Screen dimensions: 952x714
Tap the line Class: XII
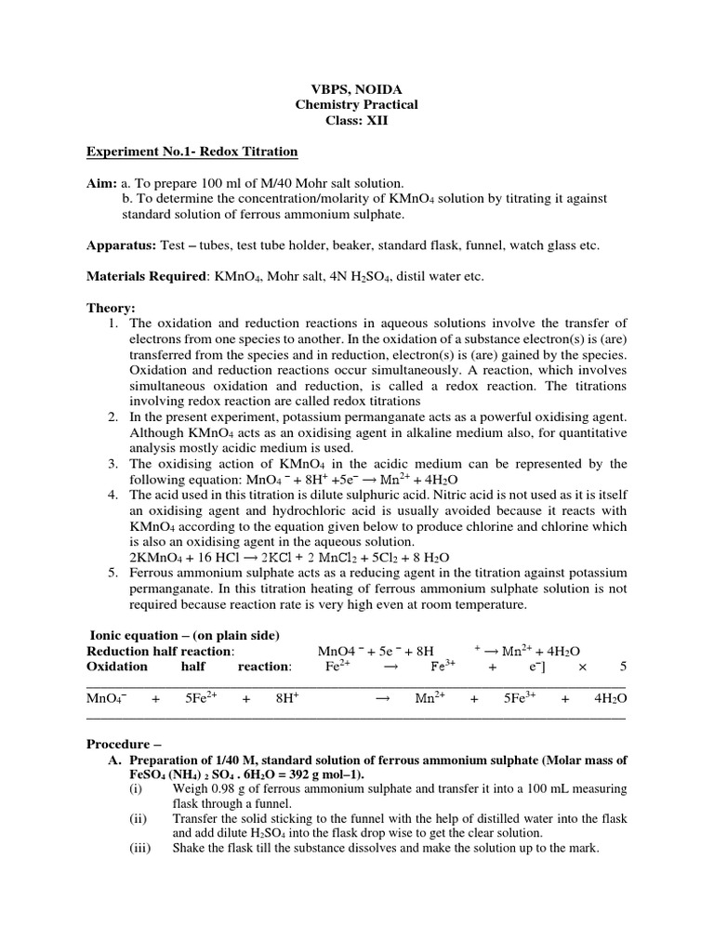(x=356, y=121)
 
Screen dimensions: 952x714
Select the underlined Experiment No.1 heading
(x=192, y=152)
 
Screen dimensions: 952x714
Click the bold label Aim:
(x=101, y=183)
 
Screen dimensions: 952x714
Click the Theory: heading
(x=111, y=308)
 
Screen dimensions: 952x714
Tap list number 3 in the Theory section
(x=112, y=463)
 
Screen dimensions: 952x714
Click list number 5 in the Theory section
(x=112, y=573)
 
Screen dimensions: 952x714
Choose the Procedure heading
(x=124, y=744)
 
